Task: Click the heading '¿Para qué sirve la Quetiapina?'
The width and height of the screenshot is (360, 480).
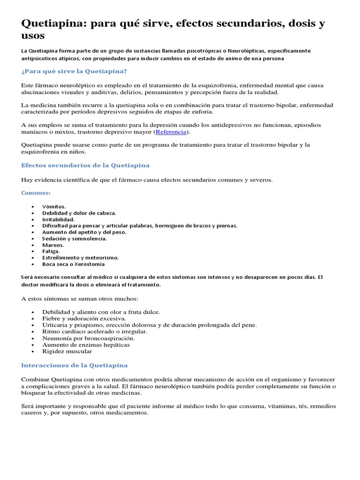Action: pos(74,71)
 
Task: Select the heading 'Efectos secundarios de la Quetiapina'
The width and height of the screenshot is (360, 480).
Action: pos(85,165)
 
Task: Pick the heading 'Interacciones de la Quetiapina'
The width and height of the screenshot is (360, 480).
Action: pos(75,365)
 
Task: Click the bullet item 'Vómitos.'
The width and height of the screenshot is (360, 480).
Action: pos(54,206)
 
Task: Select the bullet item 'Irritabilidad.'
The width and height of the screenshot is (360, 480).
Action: pos(59,219)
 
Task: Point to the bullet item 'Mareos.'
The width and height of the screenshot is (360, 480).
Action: pos(53,245)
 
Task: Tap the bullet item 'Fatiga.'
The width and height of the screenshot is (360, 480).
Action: pos(52,251)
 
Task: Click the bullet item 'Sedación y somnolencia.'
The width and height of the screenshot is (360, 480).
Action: pos(75,239)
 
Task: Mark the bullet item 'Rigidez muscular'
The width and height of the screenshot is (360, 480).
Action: pos(67,351)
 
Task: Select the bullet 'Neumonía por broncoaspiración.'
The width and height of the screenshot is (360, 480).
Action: pos(89,338)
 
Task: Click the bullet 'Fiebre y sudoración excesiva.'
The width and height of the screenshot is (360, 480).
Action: pos(84,318)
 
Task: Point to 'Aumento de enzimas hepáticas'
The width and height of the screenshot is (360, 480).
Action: pos(86,345)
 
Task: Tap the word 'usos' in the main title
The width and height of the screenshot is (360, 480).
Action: pos(33,36)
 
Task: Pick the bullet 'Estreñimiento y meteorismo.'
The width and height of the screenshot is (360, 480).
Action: pos(81,257)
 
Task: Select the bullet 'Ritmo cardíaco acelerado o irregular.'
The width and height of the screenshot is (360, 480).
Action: pos(95,331)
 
